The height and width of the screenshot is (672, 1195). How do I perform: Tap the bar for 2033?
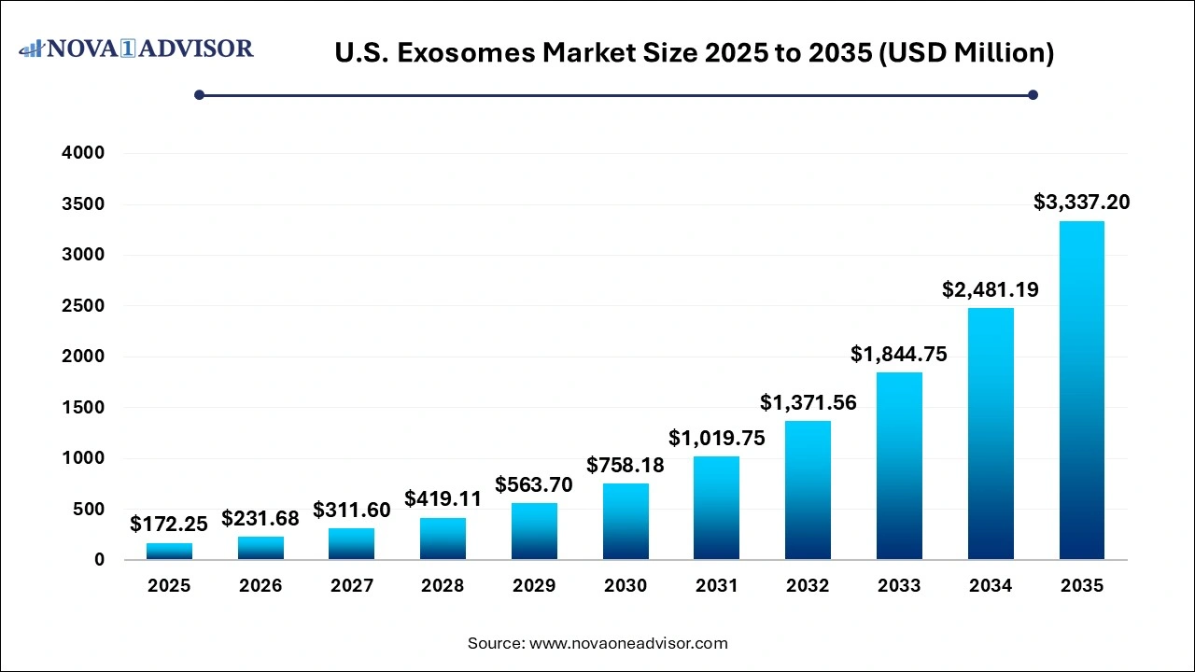click(x=900, y=466)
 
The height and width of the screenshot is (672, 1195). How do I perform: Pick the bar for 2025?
click(x=169, y=551)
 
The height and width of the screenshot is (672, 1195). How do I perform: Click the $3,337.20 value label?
click(x=1081, y=202)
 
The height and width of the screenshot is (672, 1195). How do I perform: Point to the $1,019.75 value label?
click(x=717, y=439)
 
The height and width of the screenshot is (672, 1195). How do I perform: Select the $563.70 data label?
click(x=534, y=484)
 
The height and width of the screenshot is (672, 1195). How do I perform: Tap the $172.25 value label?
click(x=169, y=525)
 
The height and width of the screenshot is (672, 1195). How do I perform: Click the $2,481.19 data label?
click(x=991, y=289)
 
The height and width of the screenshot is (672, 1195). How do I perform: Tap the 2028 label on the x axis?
click(x=443, y=586)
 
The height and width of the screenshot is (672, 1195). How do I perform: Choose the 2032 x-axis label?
click(x=808, y=586)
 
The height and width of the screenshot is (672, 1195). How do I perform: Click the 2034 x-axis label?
click(x=991, y=586)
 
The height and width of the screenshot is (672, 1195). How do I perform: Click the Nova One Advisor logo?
click(x=136, y=49)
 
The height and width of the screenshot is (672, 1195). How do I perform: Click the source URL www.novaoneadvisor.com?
click(x=628, y=643)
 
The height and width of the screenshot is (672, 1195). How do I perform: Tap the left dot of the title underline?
click(x=199, y=94)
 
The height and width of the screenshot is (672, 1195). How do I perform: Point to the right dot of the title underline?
click(x=1033, y=94)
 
